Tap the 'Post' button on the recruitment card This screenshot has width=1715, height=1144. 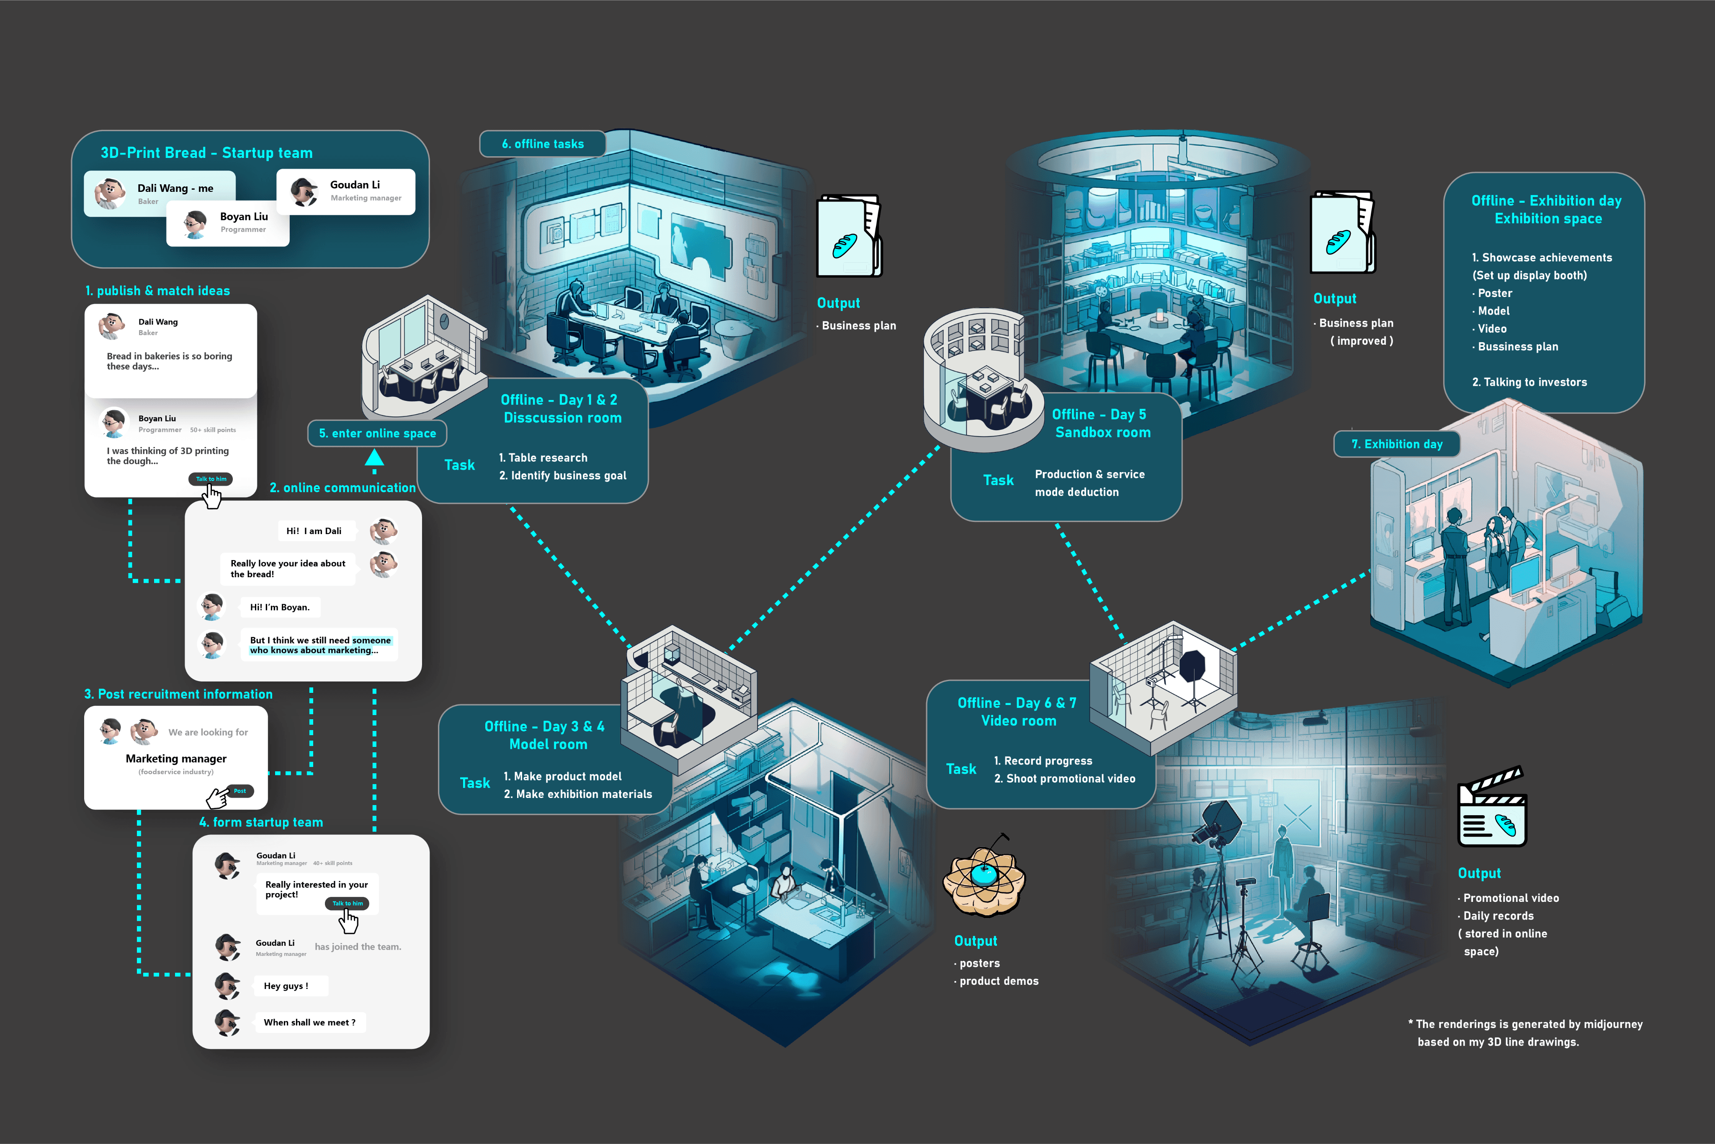pos(240,791)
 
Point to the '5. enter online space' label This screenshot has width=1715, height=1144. pos(377,434)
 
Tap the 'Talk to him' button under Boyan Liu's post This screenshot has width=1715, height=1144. pos(211,479)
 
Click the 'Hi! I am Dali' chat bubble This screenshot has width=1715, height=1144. pos(314,531)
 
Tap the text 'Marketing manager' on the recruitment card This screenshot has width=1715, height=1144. pos(176,759)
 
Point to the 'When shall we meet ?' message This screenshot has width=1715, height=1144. pos(309,1022)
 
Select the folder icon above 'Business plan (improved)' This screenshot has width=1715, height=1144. pos(1342,233)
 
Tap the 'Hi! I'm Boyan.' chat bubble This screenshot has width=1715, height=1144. pos(279,607)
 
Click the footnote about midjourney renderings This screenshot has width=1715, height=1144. pos(1525,1033)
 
